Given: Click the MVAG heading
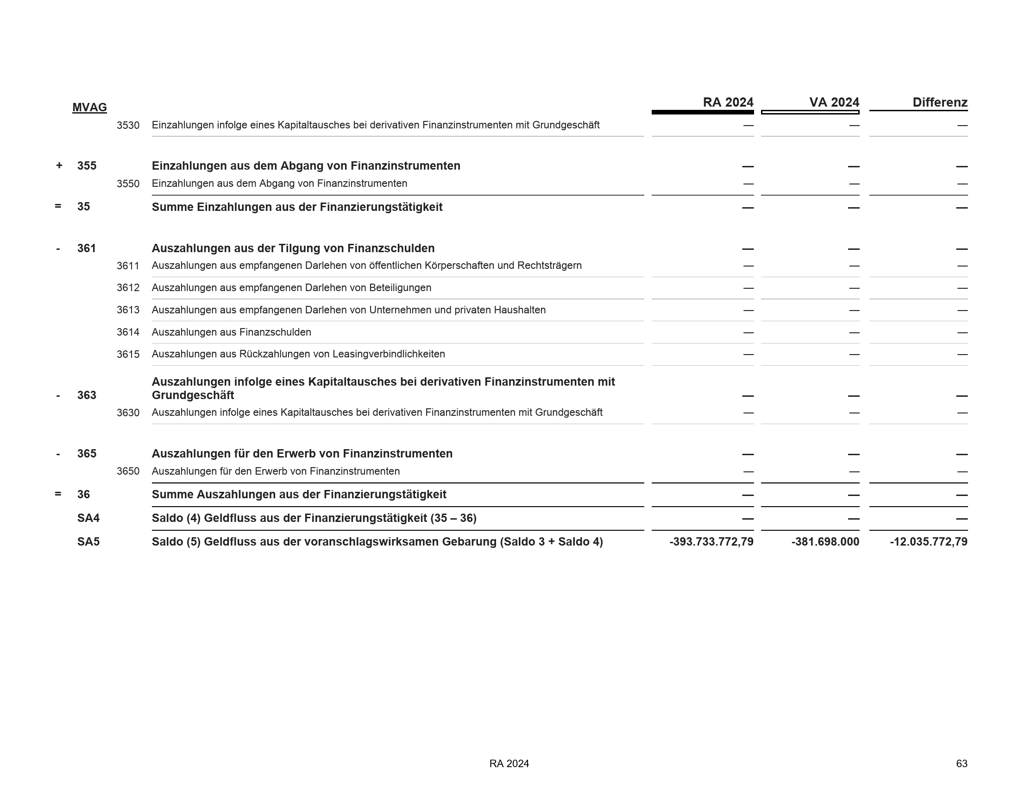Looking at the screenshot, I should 89,108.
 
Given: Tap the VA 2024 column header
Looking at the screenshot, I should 834,102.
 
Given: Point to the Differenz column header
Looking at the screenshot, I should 940,102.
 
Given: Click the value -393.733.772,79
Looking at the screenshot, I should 711,542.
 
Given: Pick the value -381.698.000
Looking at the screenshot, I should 825,542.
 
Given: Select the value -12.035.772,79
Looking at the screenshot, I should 929,542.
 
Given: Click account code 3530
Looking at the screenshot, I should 128,126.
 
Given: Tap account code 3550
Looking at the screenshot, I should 128,184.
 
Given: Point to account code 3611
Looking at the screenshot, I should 128,266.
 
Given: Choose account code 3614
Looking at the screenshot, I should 128,332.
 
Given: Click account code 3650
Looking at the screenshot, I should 128,471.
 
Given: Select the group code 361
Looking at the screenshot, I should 86,248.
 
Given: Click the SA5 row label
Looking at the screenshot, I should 88,542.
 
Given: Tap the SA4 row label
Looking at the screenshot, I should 88,518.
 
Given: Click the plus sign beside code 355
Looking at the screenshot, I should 59,166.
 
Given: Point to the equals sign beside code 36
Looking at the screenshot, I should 58,494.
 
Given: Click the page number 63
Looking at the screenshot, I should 962,764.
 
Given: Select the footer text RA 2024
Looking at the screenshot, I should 509,764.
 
